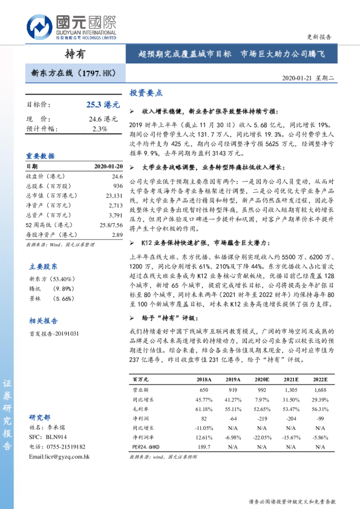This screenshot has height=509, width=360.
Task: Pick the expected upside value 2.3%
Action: [100, 128]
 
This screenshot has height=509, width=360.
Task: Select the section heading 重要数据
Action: [40, 155]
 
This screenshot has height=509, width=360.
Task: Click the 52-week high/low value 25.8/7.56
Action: [110, 225]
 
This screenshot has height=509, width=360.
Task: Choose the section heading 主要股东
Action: [44, 266]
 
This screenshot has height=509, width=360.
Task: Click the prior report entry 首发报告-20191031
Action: [54, 333]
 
